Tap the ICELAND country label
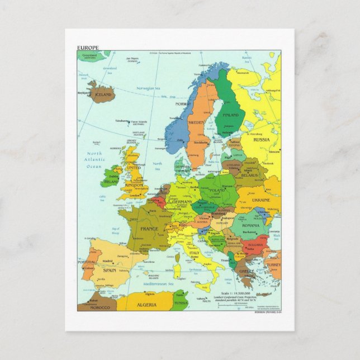tap(103, 95)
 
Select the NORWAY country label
tap(183, 104)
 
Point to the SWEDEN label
tap(196, 122)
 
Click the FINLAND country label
tap(230, 115)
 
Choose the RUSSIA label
tap(261, 140)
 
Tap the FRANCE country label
tap(149, 229)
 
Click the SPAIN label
tap(109, 270)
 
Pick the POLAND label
tap(216, 190)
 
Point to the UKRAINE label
tap(260, 200)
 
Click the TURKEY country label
tap(273, 264)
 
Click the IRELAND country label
tap(112, 182)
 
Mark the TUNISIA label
tap(180, 304)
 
